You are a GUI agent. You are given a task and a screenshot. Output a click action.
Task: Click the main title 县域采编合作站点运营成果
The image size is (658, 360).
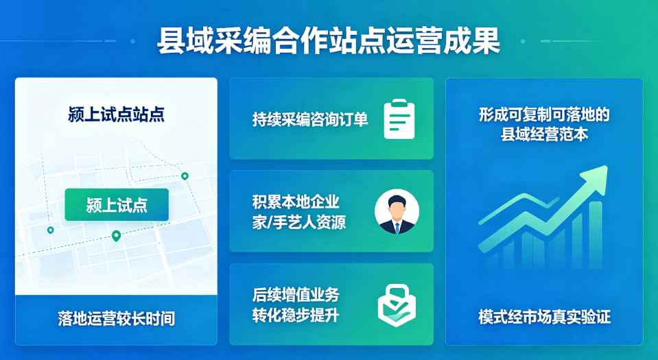click(x=329, y=41)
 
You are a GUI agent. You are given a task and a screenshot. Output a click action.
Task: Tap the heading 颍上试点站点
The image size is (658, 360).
click(x=116, y=114)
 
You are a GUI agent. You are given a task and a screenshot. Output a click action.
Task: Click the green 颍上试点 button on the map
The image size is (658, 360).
click(x=117, y=205)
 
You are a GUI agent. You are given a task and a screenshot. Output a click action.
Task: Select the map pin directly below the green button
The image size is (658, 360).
click(x=116, y=236)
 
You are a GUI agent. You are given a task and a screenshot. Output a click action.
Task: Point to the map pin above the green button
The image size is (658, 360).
click(x=185, y=176)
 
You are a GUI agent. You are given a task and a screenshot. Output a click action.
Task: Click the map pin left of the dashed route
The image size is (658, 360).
click(x=50, y=230)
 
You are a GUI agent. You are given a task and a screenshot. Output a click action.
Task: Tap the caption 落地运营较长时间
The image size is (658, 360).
click(x=116, y=319)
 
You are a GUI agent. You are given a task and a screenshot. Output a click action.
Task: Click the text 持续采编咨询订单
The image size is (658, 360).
click(x=310, y=119)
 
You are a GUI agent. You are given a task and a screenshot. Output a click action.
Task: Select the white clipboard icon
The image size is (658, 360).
click(x=399, y=119)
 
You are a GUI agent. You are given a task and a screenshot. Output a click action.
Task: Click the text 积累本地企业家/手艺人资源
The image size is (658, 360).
click(x=298, y=212)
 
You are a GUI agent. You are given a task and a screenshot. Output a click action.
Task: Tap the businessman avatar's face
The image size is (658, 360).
click(x=396, y=210)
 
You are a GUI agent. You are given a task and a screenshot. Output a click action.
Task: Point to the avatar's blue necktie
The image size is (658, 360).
click(x=397, y=228)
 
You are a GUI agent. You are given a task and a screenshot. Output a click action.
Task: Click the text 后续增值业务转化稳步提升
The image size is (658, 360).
click(x=296, y=304)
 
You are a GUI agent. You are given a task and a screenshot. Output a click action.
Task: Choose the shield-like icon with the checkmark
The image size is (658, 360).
click(x=397, y=305)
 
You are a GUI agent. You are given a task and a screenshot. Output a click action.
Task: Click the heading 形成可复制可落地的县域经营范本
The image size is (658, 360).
click(x=544, y=124)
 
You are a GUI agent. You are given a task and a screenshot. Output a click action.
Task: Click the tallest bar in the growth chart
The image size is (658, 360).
click(x=596, y=235)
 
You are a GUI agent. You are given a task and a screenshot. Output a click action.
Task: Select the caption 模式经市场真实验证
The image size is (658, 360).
click(x=544, y=317)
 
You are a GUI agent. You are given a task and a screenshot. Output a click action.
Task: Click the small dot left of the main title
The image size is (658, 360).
click(x=132, y=41)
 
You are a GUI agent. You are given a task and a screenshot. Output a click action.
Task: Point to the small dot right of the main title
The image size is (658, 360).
click(x=523, y=41)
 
